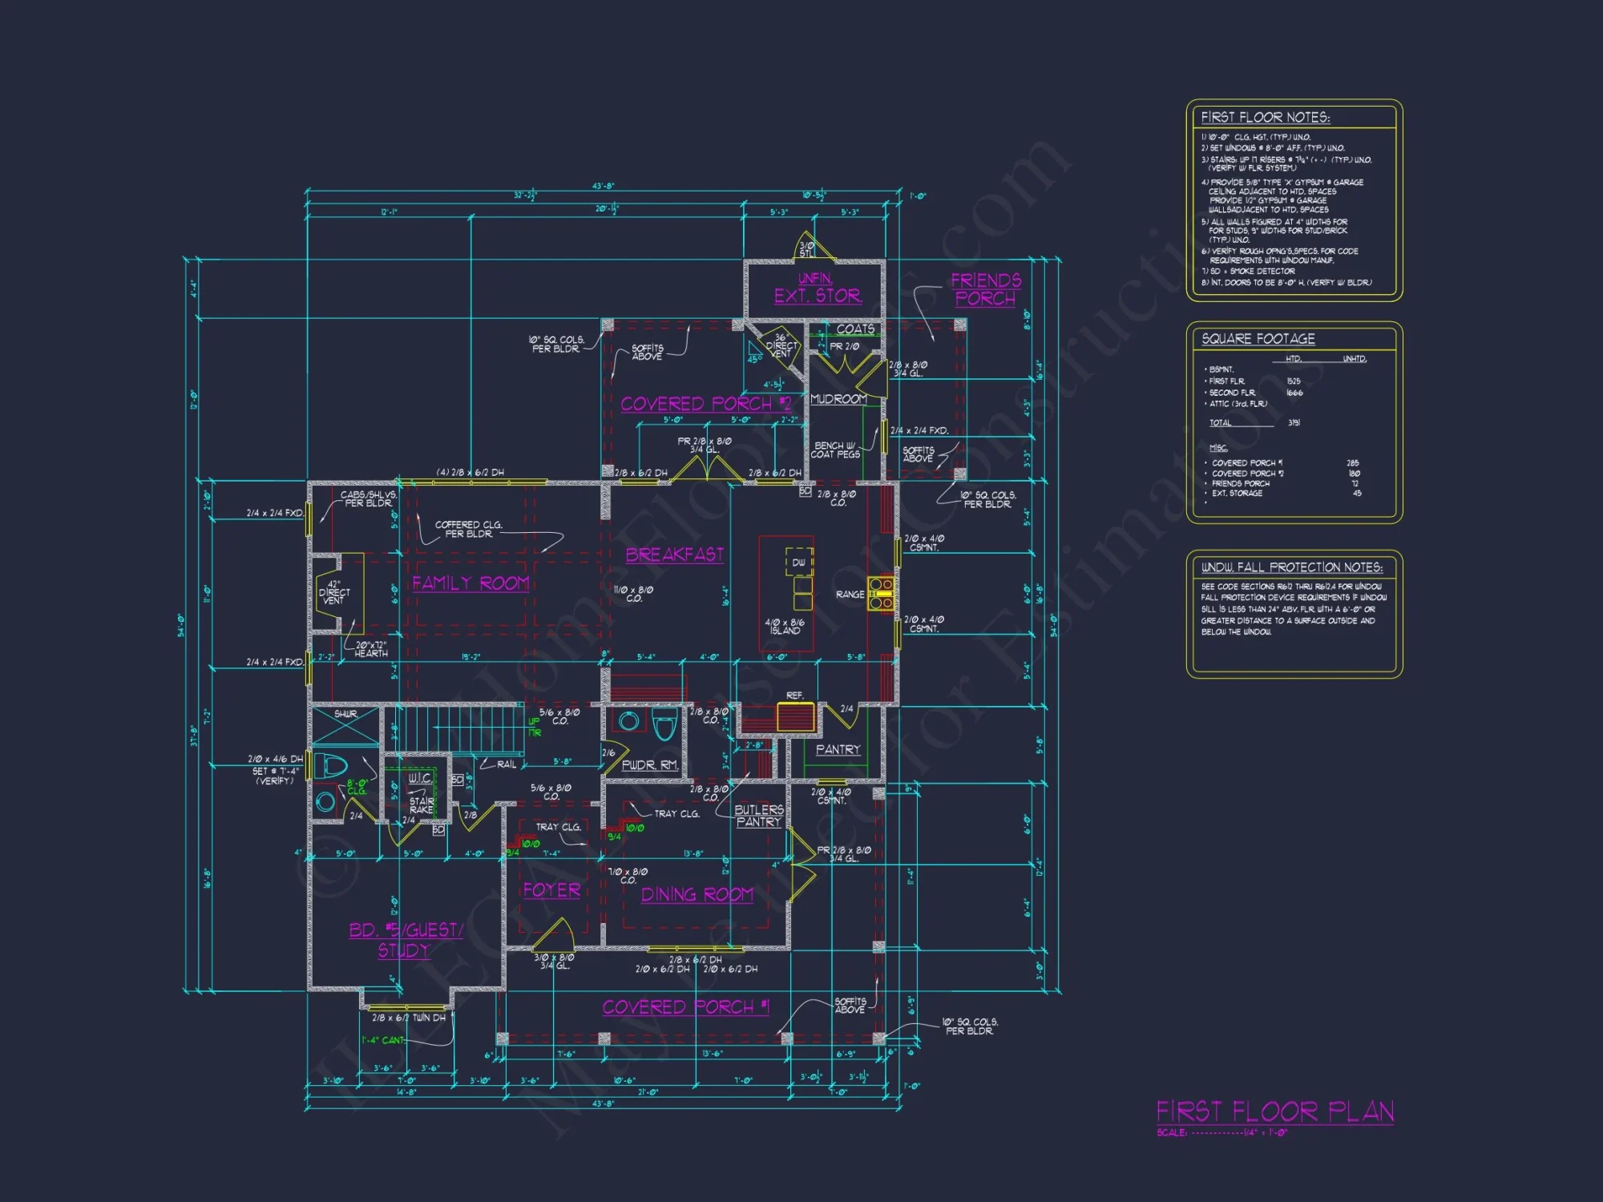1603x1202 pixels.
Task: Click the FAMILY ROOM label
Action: coord(470,583)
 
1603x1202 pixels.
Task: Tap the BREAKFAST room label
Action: coord(674,555)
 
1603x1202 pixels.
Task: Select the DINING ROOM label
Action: coord(697,894)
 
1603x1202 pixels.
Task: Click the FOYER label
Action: coord(551,890)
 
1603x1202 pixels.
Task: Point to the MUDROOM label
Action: coord(838,399)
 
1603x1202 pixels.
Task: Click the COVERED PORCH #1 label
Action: coord(685,1006)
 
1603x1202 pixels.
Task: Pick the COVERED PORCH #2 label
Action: coord(705,404)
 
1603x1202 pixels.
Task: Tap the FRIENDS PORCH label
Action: coord(986,289)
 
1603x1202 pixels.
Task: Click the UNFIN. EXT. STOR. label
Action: coord(818,288)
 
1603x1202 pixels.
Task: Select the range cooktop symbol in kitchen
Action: coord(881,594)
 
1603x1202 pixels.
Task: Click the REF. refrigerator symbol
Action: coord(795,716)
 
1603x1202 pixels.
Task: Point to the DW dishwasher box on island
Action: coord(799,562)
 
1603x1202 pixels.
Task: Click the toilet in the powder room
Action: coord(664,726)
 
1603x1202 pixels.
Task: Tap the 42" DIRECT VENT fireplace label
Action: coord(334,592)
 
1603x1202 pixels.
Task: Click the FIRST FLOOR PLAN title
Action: coord(1274,1111)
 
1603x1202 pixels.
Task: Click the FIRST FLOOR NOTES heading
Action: coord(1265,118)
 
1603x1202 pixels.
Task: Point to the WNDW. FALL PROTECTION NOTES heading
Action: coord(1291,567)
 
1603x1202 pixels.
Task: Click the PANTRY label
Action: coord(838,749)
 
